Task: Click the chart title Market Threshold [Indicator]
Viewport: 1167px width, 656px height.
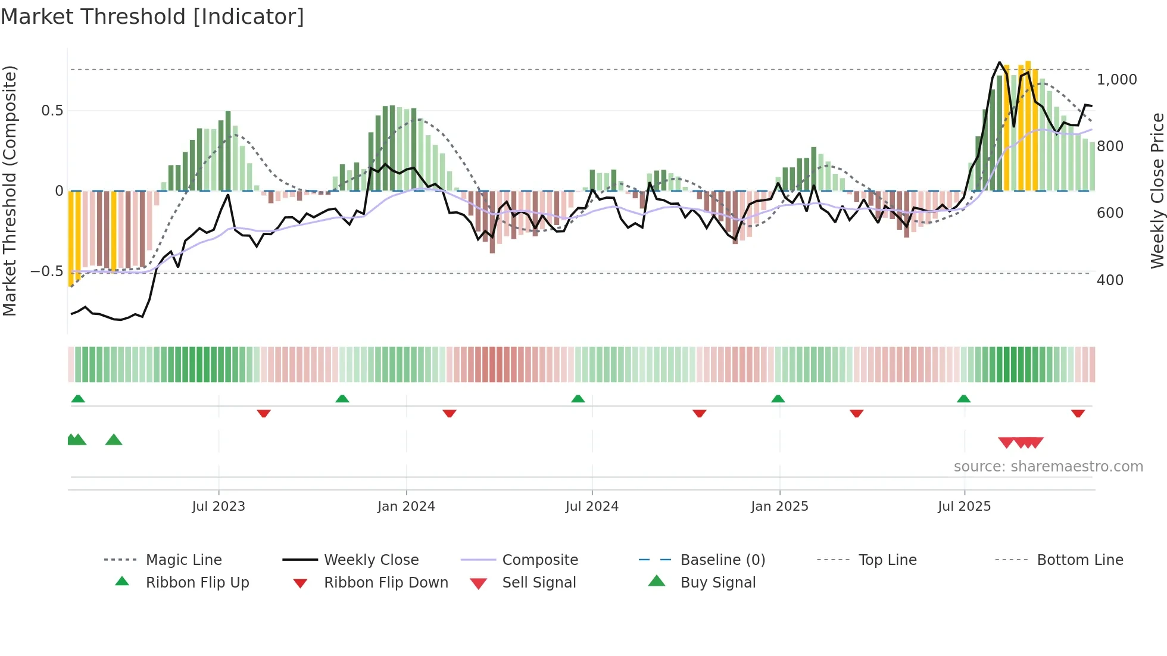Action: [x=152, y=17]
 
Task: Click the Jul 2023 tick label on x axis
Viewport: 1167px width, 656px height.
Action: [x=219, y=507]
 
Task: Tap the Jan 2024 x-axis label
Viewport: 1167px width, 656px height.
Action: [x=406, y=507]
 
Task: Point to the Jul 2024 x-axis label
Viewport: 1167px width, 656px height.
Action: [x=592, y=507]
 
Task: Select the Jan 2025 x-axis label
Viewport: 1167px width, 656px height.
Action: [x=779, y=507]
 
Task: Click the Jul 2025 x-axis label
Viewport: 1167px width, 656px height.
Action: [x=964, y=507]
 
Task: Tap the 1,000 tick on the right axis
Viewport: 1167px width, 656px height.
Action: [x=1116, y=80]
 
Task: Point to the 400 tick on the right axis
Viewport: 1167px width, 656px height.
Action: [x=1110, y=280]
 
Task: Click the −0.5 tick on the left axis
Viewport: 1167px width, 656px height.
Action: [x=47, y=271]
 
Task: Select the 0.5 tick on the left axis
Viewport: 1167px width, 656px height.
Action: [x=52, y=111]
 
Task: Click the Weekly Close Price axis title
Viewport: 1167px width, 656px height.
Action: [x=1157, y=190]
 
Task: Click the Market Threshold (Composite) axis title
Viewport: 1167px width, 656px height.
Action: [x=10, y=190]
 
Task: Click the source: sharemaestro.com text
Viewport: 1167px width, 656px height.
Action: [x=1048, y=467]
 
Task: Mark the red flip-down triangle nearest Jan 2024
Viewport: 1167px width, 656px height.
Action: [x=450, y=413]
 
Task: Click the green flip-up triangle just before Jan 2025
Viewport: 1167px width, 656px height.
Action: [x=778, y=399]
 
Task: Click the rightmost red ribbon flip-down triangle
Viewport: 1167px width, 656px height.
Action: [x=1078, y=413]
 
